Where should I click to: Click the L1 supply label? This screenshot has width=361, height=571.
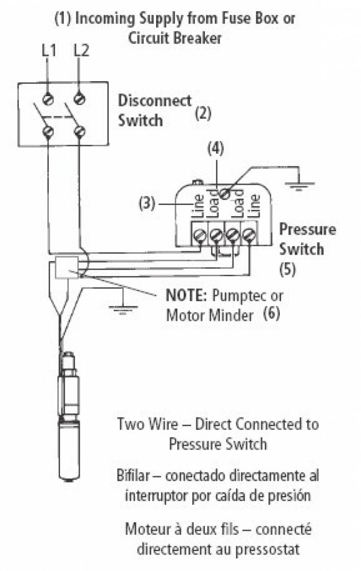[48, 51]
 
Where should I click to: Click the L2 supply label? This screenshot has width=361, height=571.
[81, 51]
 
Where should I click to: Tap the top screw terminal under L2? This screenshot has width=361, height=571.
[80, 98]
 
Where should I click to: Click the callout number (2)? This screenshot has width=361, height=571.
[203, 113]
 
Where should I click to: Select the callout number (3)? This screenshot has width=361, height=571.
[147, 203]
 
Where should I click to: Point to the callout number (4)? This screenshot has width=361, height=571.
[215, 149]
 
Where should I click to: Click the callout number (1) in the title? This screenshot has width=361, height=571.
[63, 18]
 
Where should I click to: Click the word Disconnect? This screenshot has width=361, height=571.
[154, 100]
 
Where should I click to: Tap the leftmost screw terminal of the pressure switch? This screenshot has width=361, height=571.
[200, 234]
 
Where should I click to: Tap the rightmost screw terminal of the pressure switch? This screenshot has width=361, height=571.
[248, 234]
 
